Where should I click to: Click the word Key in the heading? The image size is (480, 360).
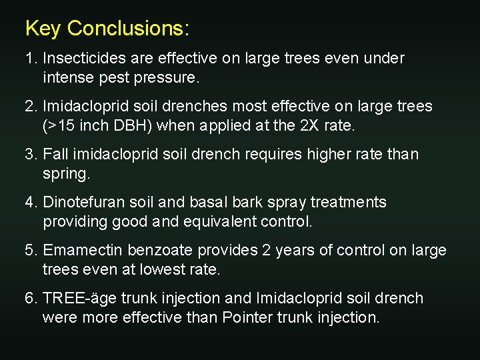(43, 29)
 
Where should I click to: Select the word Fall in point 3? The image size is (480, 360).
(56, 155)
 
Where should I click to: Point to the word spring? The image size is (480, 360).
(65, 174)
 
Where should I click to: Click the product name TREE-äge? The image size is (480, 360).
(75, 299)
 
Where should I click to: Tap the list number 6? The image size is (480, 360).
(30, 299)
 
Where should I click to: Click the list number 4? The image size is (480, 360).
(30, 203)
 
